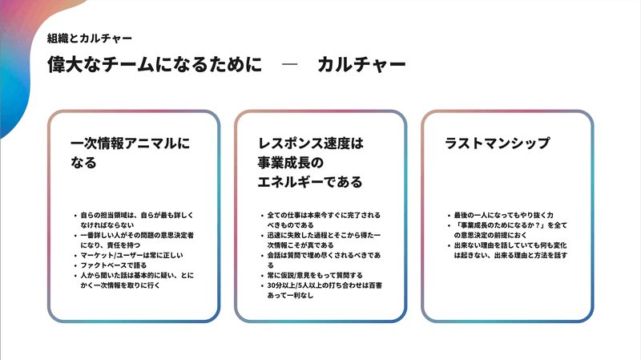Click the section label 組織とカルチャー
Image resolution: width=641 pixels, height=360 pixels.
point(90,38)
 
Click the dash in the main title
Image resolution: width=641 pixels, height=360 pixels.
point(289,64)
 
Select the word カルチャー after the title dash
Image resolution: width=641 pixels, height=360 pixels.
point(361,65)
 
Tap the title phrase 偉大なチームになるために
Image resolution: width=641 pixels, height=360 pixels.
point(155,65)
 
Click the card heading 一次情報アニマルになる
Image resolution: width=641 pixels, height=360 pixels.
point(131,152)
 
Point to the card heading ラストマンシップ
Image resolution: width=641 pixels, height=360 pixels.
point(497,144)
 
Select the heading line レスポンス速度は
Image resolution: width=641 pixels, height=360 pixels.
point(311,144)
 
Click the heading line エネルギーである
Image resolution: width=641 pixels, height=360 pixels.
point(310,182)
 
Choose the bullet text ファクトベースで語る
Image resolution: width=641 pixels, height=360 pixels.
point(113,265)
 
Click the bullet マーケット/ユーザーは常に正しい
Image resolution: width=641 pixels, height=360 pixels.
point(131,255)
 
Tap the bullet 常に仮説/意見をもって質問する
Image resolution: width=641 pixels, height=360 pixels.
point(315,275)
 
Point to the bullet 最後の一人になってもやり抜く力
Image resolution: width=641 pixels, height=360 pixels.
point(504,215)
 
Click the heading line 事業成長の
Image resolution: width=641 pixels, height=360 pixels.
point(291,163)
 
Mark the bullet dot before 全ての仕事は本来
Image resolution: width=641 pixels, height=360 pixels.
point(263,215)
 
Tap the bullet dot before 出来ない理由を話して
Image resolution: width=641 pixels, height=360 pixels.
point(450,245)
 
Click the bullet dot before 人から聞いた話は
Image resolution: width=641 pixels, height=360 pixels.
point(75,275)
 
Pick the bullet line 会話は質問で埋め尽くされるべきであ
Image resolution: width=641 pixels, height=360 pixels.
point(324,255)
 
